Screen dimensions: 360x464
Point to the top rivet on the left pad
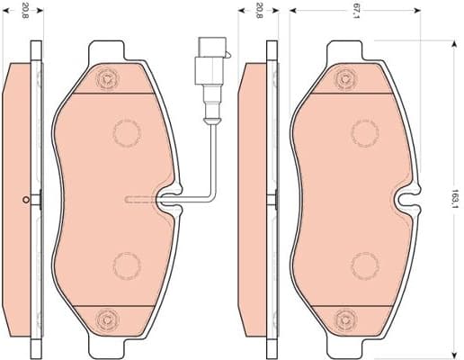[x=108, y=78]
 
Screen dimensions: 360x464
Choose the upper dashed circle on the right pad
[x=363, y=132]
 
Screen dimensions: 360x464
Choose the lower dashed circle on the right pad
[x=363, y=265]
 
